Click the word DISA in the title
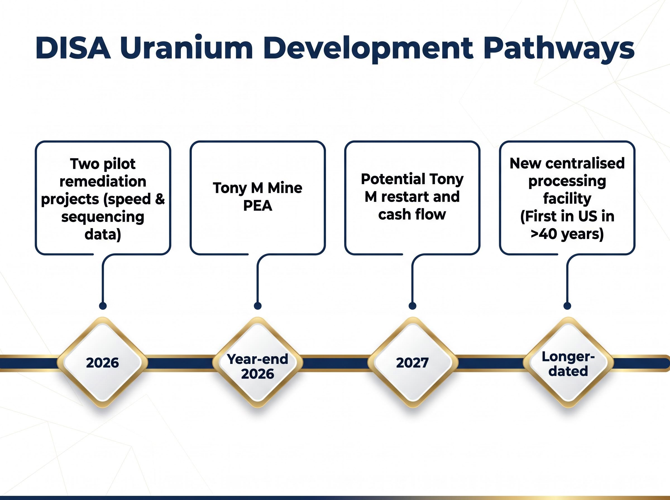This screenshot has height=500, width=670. pyautogui.click(x=73, y=48)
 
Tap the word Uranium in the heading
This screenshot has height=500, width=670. pyautogui.click(x=186, y=48)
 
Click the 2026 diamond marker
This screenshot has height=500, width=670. pyautogui.click(x=103, y=362)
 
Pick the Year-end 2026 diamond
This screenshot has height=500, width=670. pyautogui.click(x=258, y=362)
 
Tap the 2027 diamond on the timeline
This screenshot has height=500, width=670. pyautogui.click(x=413, y=362)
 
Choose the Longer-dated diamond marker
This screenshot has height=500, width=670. pyautogui.click(x=568, y=362)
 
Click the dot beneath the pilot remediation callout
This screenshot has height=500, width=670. pyautogui.click(x=103, y=306)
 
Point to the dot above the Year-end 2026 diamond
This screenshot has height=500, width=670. pyautogui.click(x=258, y=306)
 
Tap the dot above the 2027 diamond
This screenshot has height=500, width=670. pyautogui.click(x=412, y=306)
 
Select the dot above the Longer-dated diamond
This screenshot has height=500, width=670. pyautogui.click(x=567, y=306)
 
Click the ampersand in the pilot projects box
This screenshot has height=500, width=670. pyautogui.click(x=160, y=199)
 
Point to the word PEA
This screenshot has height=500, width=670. pyautogui.click(x=258, y=206)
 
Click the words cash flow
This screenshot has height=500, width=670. pyautogui.click(x=412, y=214)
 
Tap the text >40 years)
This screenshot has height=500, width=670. pyautogui.click(x=567, y=234)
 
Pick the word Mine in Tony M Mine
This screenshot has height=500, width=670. pyautogui.click(x=285, y=188)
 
